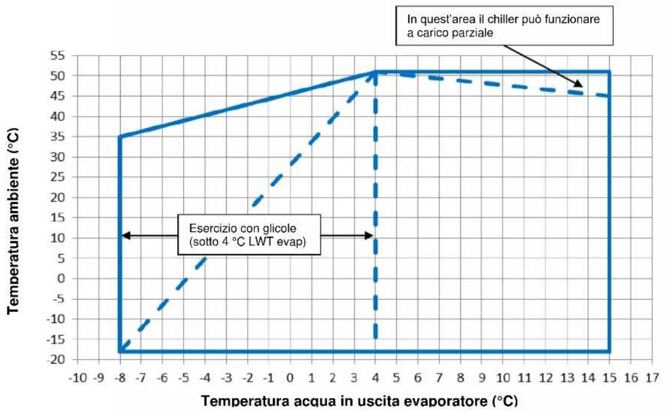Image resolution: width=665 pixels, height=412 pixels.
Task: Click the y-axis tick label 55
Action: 59,56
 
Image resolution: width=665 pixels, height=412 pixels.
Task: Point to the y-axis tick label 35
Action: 59,136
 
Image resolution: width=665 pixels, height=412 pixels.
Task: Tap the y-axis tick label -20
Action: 56,360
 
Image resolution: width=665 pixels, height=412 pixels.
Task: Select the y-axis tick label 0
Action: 61,278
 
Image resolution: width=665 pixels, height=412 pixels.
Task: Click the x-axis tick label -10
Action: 78,377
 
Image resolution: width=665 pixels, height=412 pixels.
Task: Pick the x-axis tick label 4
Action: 375,377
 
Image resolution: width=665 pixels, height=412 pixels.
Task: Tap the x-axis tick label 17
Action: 652,377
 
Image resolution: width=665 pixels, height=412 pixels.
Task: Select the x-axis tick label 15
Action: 609,377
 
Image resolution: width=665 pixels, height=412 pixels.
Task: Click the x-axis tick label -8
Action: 120,377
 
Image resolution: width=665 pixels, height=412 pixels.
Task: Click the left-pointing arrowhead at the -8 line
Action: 126,236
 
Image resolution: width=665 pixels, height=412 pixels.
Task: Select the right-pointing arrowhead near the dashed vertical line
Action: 368,236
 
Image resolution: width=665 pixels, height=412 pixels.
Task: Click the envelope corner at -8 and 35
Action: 120,136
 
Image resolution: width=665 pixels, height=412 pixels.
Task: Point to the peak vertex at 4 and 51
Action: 375,72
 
